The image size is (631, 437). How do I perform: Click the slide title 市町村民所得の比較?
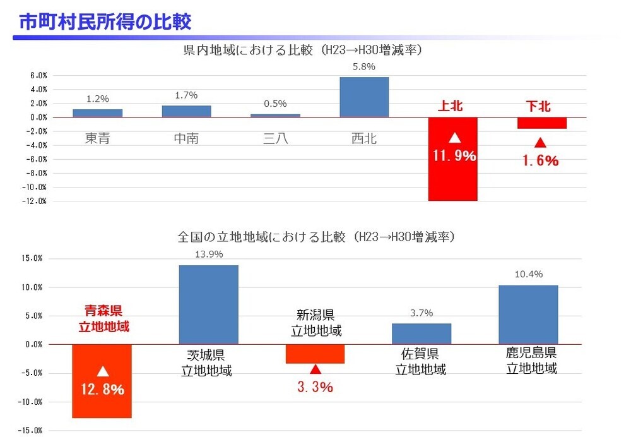click(x=105, y=21)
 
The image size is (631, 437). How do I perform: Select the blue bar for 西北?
click(x=364, y=97)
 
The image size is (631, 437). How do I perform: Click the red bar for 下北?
click(x=542, y=123)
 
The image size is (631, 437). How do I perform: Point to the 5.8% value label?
click(x=364, y=66)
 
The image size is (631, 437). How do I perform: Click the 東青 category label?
click(x=97, y=138)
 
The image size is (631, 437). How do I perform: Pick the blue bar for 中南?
click(x=186, y=111)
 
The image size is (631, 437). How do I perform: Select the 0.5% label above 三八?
click(x=275, y=104)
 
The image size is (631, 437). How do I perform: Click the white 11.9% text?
click(x=454, y=155)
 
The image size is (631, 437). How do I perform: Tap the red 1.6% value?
click(x=540, y=160)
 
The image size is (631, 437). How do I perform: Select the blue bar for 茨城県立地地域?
click(x=209, y=304)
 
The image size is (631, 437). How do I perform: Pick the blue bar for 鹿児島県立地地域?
click(x=528, y=314)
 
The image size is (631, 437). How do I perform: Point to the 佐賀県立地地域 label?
click(x=421, y=362)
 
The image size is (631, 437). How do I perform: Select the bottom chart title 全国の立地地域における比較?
click(x=316, y=237)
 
